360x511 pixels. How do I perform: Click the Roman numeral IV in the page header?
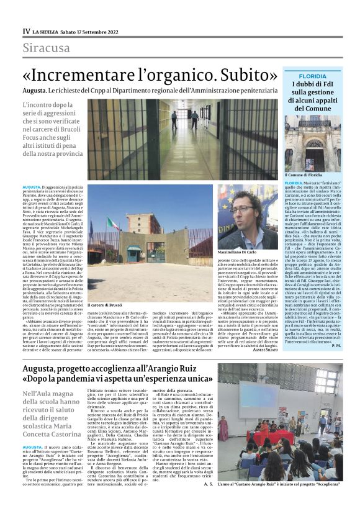pos(26,30)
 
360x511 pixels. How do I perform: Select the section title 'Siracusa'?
pos(46,48)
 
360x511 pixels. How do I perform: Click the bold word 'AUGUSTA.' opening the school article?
pos(32,446)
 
